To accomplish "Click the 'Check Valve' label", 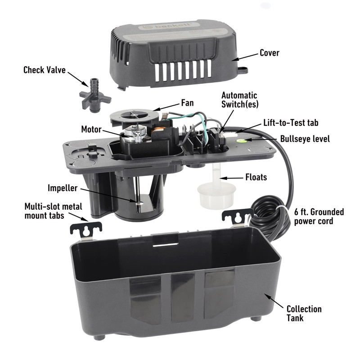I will pyautogui.click(x=45, y=70).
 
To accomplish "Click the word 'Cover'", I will pyautogui.click(x=269, y=53).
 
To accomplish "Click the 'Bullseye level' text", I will pyautogui.click(x=305, y=139).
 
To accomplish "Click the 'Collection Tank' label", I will pyautogui.click(x=304, y=313).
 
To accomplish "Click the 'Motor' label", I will pyautogui.click(x=91, y=129).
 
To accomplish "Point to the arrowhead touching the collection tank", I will pyautogui.click(x=266, y=295).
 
